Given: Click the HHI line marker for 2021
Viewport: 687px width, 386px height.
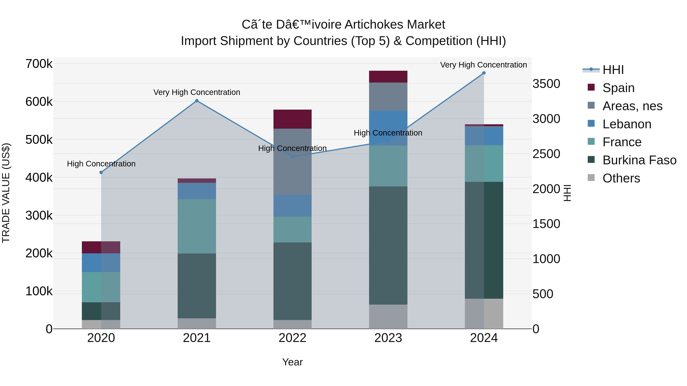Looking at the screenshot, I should [x=197, y=101].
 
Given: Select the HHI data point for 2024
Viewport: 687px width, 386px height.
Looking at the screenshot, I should [x=484, y=73].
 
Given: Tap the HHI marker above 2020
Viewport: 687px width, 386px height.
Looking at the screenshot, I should [x=101, y=172].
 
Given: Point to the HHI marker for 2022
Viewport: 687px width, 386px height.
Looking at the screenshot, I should [x=293, y=157].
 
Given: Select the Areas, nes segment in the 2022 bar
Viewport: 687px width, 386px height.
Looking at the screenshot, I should [x=293, y=161].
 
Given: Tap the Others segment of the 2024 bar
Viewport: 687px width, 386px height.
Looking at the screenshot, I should [x=484, y=314].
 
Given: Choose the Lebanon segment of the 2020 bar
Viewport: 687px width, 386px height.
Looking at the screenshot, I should [x=101, y=262].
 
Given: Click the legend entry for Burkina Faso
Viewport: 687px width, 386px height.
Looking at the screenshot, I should [x=639, y=160].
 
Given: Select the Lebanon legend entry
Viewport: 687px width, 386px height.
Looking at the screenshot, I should [x=627, y=124].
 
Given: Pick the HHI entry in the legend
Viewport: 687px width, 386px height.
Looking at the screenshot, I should [x=613, y=70].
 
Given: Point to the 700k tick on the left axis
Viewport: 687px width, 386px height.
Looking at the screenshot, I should [x=39, y=64].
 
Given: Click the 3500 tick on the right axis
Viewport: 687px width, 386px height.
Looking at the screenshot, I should [x=546, y=84].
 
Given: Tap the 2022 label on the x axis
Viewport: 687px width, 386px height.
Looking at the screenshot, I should [x=293, y=338].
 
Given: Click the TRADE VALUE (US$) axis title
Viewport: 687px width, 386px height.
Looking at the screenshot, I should [x=6, y=193].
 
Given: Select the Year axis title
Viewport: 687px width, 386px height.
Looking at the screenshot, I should [x=293, y=362].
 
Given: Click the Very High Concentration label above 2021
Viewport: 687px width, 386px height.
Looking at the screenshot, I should [x=197, y=92].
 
